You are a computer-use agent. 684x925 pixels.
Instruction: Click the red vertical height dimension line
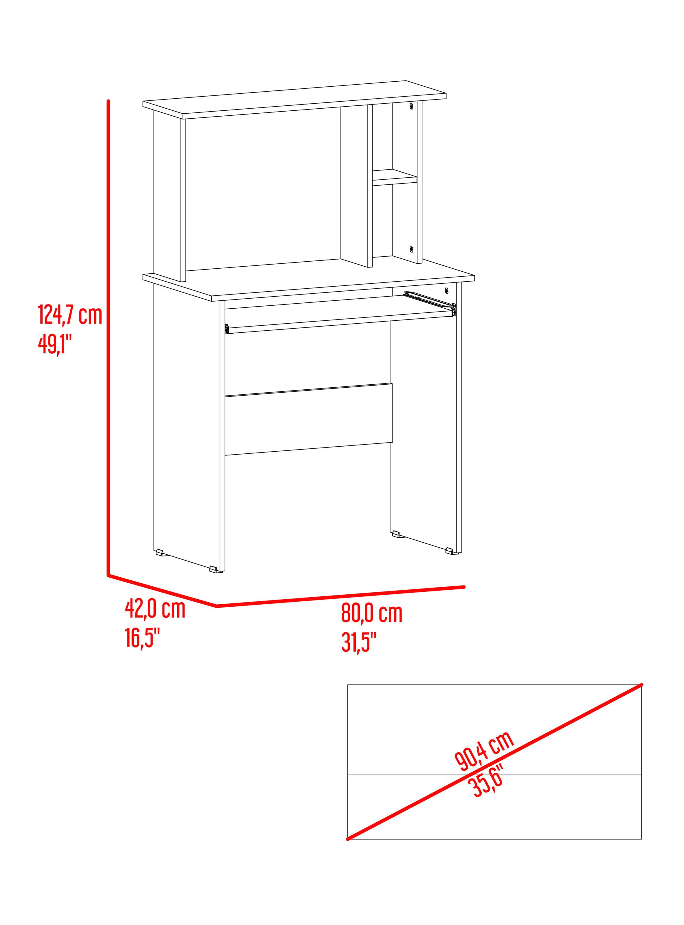pos(109,338)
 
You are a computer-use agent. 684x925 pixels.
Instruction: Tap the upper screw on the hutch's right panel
pos(411,106)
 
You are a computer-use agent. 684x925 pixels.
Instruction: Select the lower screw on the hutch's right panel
pos(411,249)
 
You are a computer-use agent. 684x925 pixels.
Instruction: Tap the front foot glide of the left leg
pos(214,569)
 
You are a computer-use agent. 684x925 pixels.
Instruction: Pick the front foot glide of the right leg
pos(450,551)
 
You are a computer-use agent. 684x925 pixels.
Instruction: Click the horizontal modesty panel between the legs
pos(308,419)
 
